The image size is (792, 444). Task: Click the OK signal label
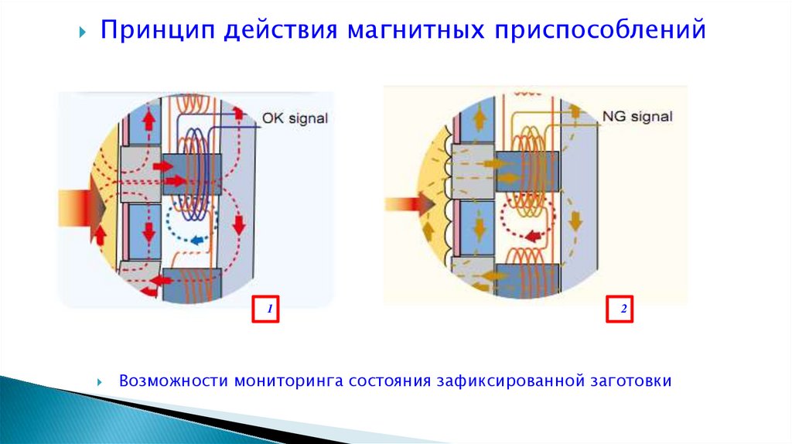[295, 118]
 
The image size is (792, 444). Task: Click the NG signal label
[637, 117]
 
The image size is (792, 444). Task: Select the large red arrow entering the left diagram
[81, 209]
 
